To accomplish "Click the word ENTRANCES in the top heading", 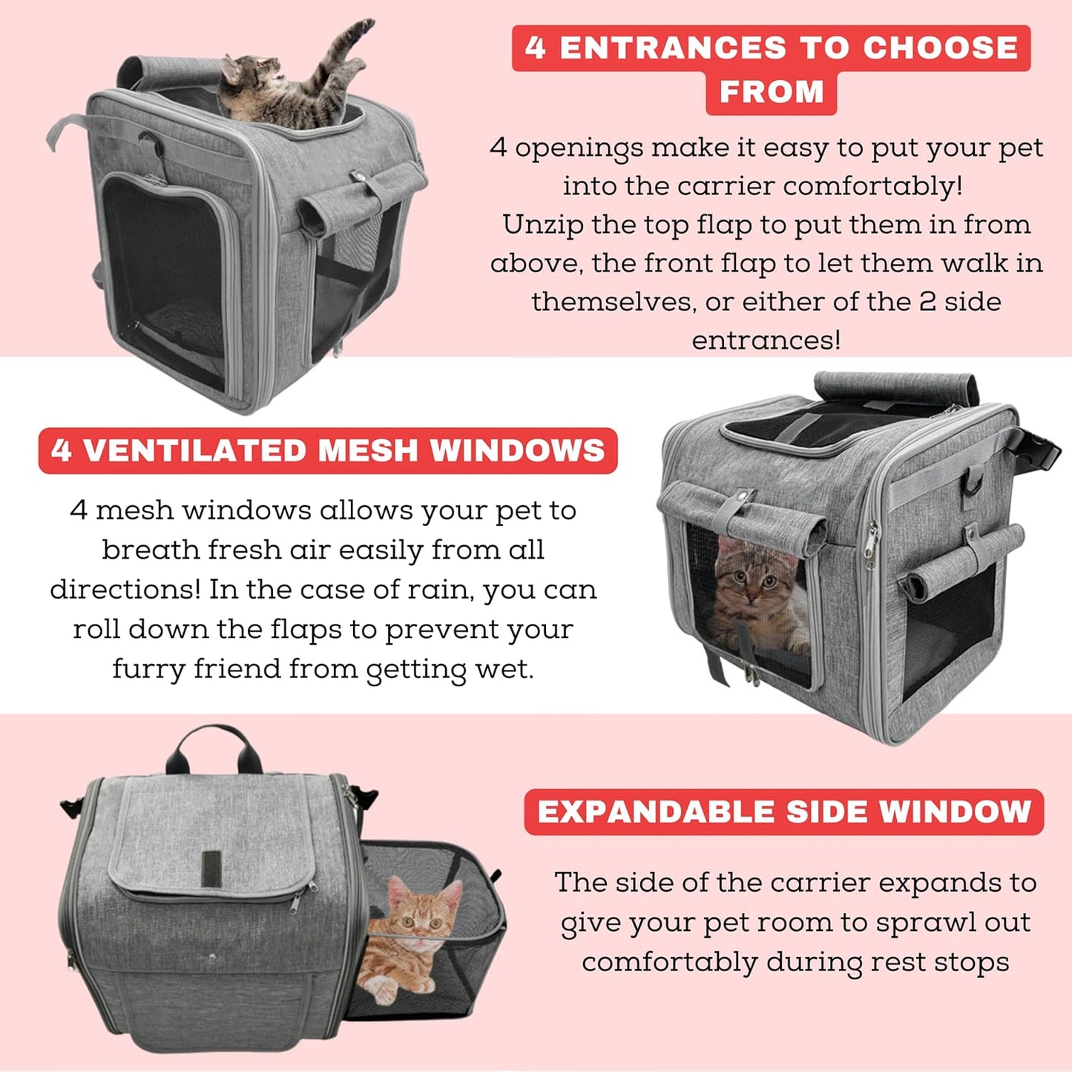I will click(673, 48).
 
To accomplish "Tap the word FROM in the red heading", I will click(772, 93).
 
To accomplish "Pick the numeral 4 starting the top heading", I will click(536, 48).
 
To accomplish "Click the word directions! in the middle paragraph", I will click(125, 590).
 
